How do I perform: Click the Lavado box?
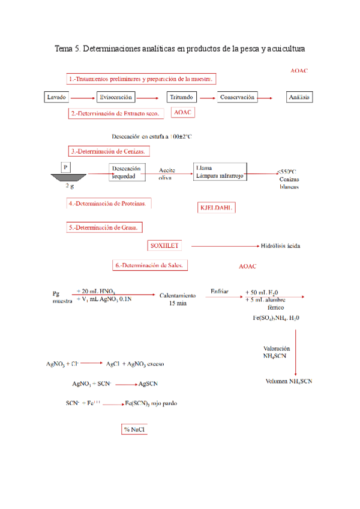(x=57, y=97)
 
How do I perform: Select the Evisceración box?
(x=116, y=97)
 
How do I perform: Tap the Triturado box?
(x=181, y=97)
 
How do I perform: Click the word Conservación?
(x=237, y=97)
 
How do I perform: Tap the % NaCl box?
(x=135, y=430)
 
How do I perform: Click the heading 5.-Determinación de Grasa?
(x=105, y=227)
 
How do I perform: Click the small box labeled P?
(x=65, y=166)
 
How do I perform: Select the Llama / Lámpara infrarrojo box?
(x=220, y=171)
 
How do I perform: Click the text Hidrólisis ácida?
(x=281, y=245)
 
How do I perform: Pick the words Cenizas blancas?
(x=289, y=182)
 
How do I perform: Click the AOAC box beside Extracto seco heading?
(x=182, y=112)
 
